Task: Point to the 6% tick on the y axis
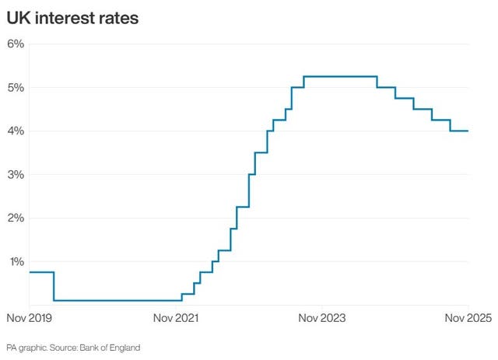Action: tap(16, 44)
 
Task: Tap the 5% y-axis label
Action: tap(16, 88)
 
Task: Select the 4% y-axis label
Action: tap(16, 131)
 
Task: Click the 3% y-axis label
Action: tap(16, 175)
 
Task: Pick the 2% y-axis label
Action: tap(16, 218)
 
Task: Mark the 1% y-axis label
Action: tap(16, 262)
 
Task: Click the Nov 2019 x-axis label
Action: tap(29, 318)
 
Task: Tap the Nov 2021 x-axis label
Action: tap(176, 318)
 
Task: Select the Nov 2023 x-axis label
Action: tap(322, 318)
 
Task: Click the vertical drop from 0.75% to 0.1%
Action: tap(54, 286)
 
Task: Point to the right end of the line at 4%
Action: tap(468, 131)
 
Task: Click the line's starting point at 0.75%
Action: tap(30, 272)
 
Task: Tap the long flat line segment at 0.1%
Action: tap(117, 300)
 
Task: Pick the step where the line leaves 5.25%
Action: tap(377, 82)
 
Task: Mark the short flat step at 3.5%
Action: tap(261, 152)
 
